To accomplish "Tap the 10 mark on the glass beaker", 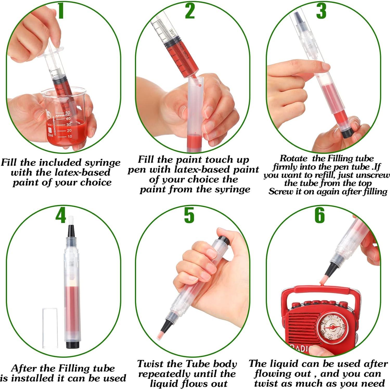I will (69, 136).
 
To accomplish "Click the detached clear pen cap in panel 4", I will (50, 328).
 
